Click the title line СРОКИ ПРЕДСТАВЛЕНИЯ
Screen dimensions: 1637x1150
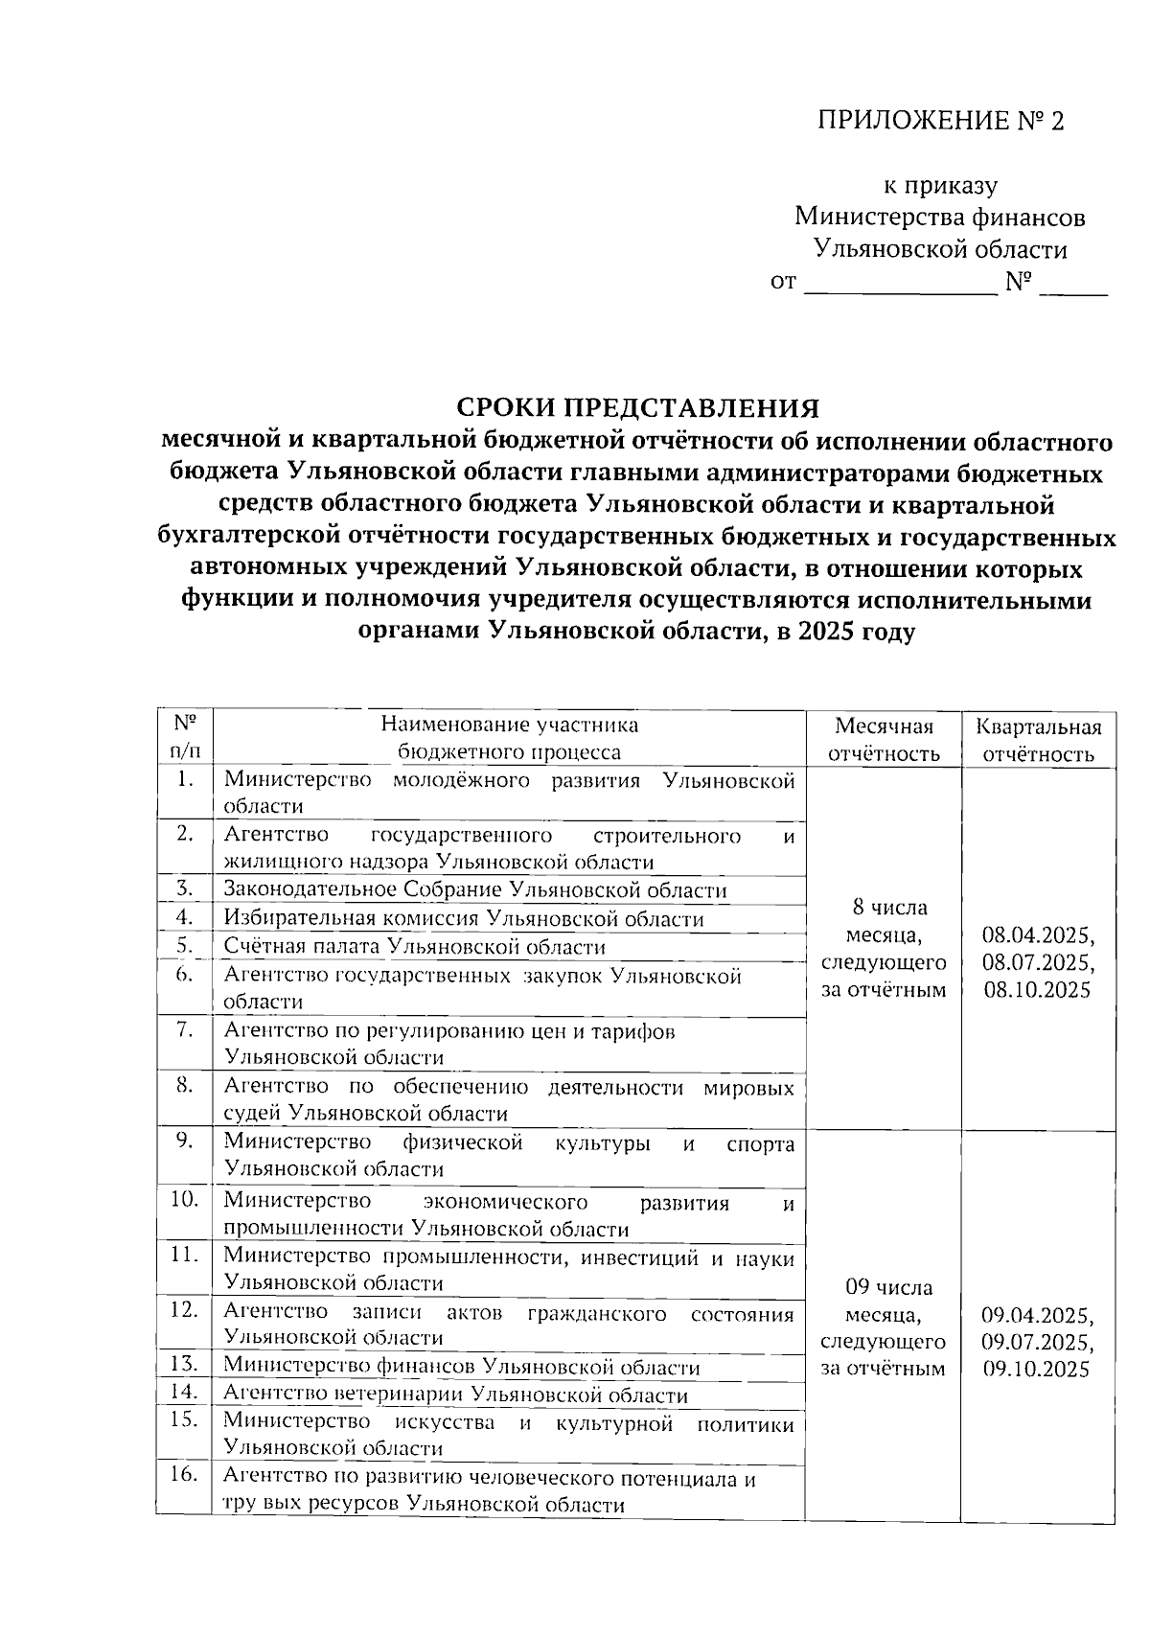[x=636, y=408]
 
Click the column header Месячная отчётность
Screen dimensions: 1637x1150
[x=883, y=739]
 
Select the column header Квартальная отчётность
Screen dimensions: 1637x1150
[x=1038, y=739]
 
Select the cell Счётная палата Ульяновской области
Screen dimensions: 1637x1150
[x=415, y=947]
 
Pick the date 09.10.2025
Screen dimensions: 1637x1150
[x=1038, y=1369]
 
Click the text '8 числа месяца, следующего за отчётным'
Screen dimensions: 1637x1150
[x=883, y=948]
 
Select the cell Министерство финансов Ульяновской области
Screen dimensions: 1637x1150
[x=462, y=1368]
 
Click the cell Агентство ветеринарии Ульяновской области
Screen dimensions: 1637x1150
[x=456, y=1395]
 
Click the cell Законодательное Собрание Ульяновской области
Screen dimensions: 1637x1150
[x=475, y=890]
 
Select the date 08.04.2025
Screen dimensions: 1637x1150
[x=1038, y=934]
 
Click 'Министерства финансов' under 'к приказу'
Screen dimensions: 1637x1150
[x=940, y=218]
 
